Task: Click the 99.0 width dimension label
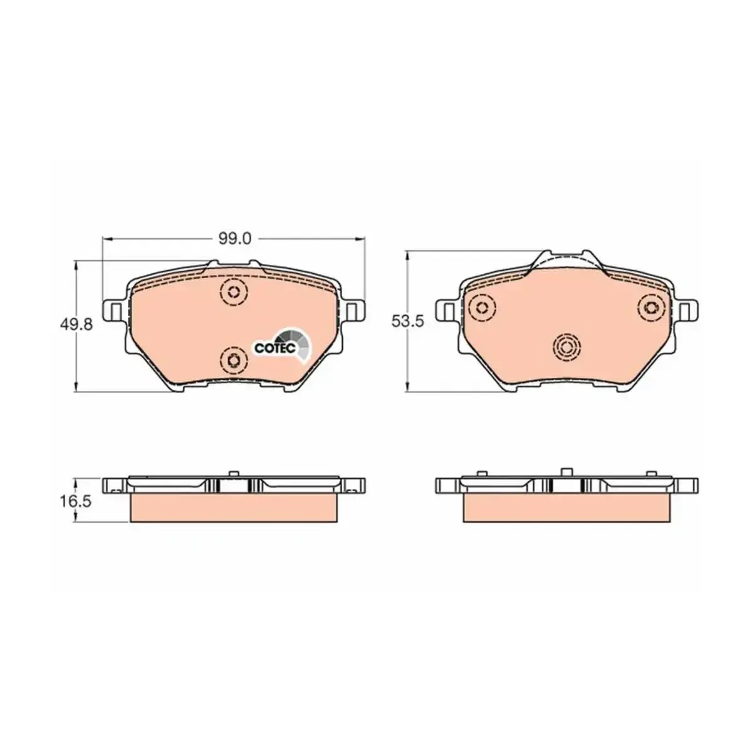[235, 239]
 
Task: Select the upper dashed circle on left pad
[234, 292]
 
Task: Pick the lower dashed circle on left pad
[234, 360]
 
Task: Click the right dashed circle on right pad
[652, 307]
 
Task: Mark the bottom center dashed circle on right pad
[567, 347]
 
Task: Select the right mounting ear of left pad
[353, 310]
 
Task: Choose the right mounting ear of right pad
[686, 310]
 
